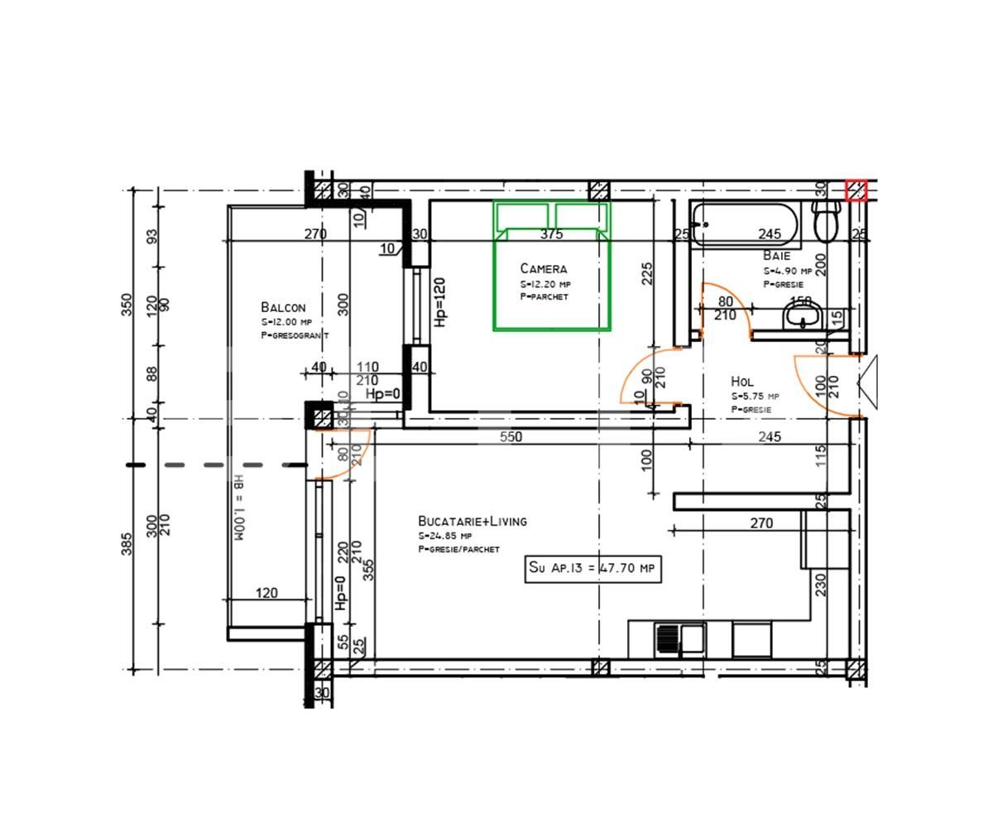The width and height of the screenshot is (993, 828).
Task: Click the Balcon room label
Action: click(x=283, y=307)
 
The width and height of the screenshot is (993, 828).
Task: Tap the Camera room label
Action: click(x=544, y=268)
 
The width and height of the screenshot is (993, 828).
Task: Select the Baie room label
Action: click(x=776, y=256)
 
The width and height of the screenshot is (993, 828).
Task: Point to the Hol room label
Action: click(x=742, y=382)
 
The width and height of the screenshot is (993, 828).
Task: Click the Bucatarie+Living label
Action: click(x=472, y=521)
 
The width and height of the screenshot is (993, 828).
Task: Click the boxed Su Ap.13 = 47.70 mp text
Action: click(x=592, y=569)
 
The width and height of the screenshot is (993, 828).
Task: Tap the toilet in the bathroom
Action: click(x=826, y=219)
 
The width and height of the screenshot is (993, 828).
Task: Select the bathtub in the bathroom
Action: click(x=745, y=224)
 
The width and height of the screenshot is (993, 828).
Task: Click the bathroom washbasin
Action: click(x=802, y=315)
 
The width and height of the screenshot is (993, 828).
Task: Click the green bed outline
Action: click(x=552, y=265)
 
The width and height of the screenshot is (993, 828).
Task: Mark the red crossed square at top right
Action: click(x=856, y=190)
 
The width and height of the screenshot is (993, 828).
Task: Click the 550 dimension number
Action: click(x=511, y=436)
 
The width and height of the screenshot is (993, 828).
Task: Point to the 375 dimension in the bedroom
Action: click(x=551, y=234)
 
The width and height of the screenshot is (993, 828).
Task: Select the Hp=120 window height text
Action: click(x=440, y=301)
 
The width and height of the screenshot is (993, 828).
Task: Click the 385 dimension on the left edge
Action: click(x=127, y=543)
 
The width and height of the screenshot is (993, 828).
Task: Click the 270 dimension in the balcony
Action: click(x=315, y=234)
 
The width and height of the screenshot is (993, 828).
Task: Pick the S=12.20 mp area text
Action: click(x=544, y=284)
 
